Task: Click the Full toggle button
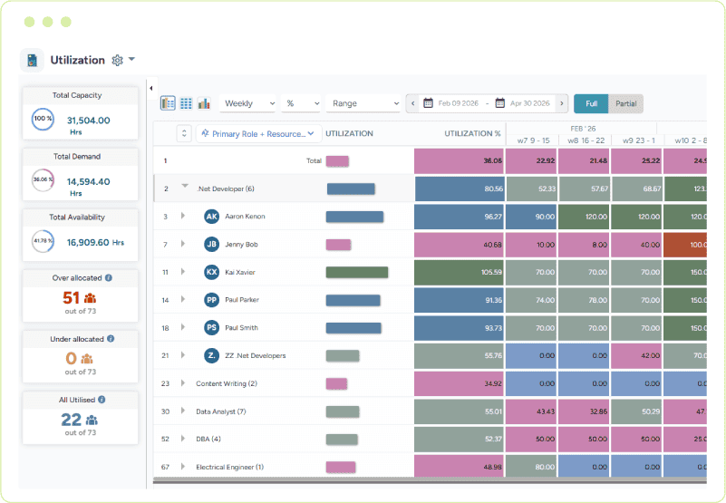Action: pos(591,103)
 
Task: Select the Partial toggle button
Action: pos(625,103)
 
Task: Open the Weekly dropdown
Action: pos(247,103)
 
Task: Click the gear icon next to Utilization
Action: pos(117,60)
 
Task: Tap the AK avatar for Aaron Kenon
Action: pos(211,217)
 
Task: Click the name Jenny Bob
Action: pos(241,245)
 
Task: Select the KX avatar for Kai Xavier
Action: pos(211,272)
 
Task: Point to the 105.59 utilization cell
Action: pos(459,272)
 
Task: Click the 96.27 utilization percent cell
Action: pos(459,217)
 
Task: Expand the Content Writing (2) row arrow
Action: pos(182,383)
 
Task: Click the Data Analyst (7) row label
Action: pos(221,411)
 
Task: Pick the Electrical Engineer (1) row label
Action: pos(229,467)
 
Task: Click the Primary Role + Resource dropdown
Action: pos(259,133)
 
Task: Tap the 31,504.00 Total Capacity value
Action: pos(89,120)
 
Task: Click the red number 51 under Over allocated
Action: pos(72,297)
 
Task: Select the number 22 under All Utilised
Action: pos(71,419)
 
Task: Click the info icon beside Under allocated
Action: pos(111,338)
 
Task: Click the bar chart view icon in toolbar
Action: pos(204,103)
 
